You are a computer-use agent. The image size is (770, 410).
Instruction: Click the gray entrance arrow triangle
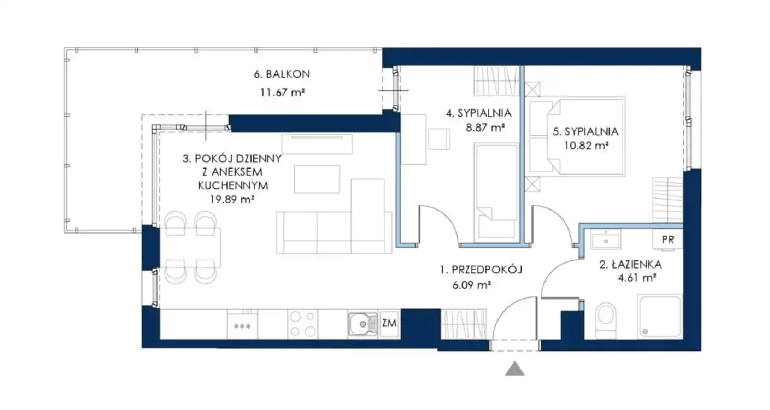pos(514,369)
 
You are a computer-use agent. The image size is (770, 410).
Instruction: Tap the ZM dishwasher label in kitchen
pos(389,323)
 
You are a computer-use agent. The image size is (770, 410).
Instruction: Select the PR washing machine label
pos(668,240)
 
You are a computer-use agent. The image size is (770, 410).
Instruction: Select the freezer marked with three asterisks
pos(242,325)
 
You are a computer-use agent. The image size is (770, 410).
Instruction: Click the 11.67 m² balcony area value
pos(283,93)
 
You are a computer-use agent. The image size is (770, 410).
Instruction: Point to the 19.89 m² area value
pos(232,199)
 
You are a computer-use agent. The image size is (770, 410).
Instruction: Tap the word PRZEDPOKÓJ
pos(487,269)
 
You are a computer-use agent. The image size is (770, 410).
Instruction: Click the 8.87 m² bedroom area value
pos(485,127)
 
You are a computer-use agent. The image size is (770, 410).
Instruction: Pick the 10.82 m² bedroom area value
pos(586,145)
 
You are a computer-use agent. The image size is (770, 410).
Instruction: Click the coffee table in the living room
pos(317,179)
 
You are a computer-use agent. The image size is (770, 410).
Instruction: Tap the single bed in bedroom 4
pos(496,194)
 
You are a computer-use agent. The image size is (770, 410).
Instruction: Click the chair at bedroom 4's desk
pos(439,139)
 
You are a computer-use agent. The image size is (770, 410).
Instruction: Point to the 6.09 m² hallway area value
pos(471,285)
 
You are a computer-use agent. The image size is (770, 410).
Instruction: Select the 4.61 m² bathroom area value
pos(637,278)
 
